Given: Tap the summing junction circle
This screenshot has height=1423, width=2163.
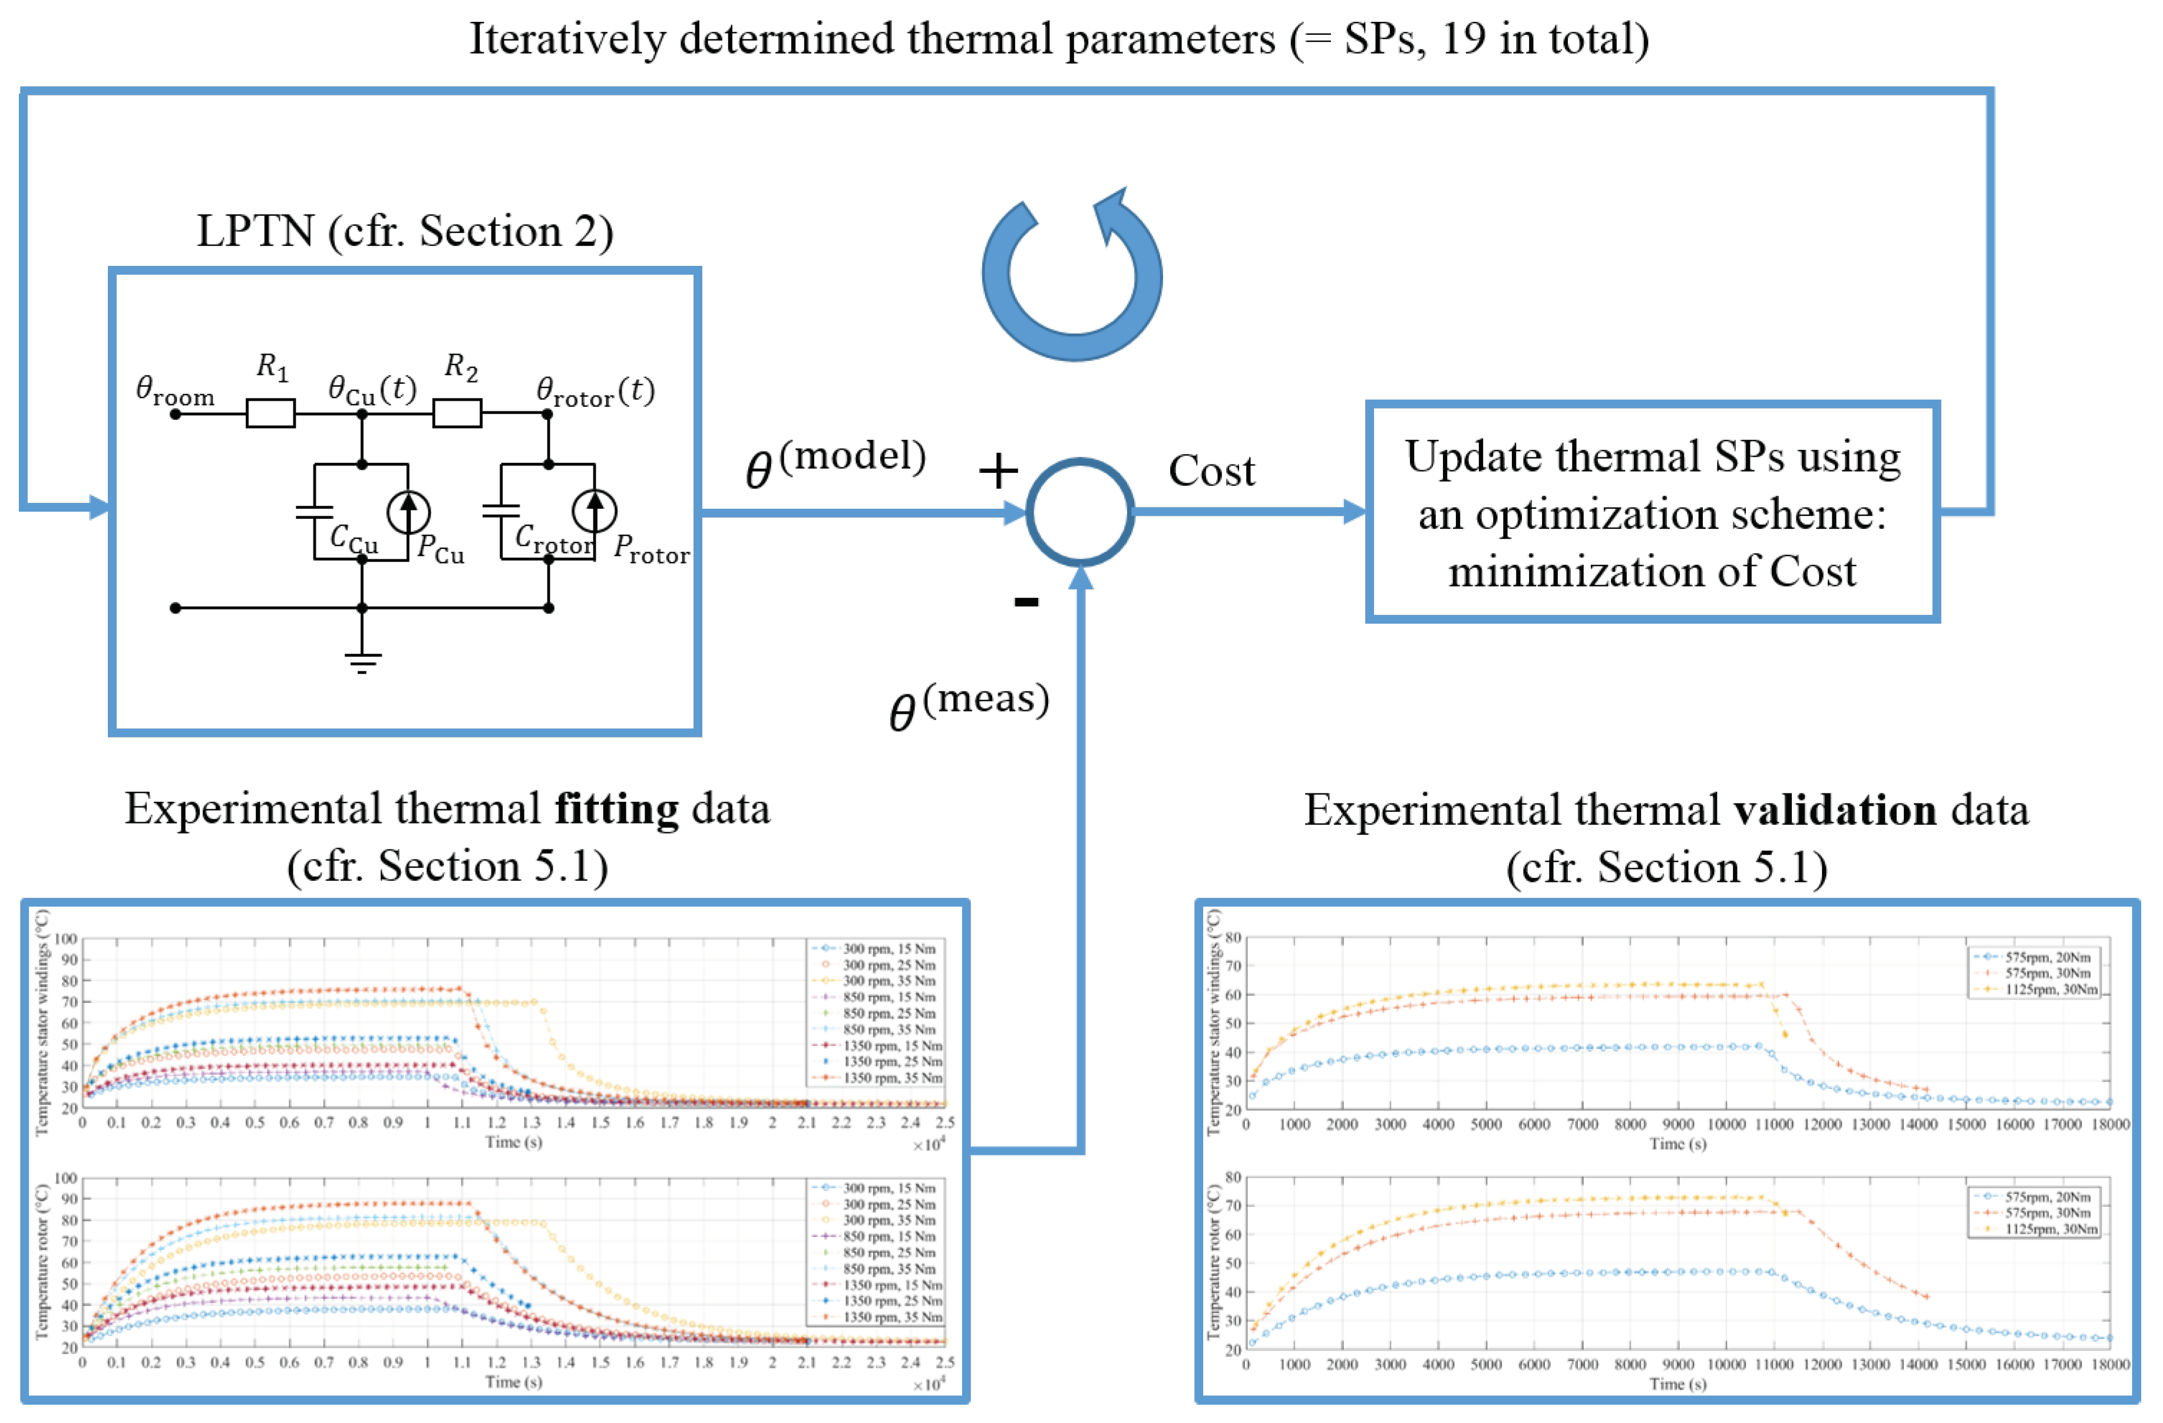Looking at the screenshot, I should click(1079, 512).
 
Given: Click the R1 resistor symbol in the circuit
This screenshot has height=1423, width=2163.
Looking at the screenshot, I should click(271, 414).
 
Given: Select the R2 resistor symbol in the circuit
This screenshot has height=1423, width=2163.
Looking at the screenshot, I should click(457, 414).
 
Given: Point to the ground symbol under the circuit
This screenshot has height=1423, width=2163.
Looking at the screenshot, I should click(362, 661).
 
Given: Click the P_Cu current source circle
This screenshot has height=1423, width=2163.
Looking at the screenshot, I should click(408, 512).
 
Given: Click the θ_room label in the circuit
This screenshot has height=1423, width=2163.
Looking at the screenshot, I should click(174, 391).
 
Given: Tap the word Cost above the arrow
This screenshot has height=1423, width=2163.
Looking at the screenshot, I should click(1211, 471).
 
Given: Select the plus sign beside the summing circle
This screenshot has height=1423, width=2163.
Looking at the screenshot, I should click(998, 471).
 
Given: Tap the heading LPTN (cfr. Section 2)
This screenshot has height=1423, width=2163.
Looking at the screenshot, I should click(404, 231).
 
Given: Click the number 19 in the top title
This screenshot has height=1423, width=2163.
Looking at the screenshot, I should click(1463, 39).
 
